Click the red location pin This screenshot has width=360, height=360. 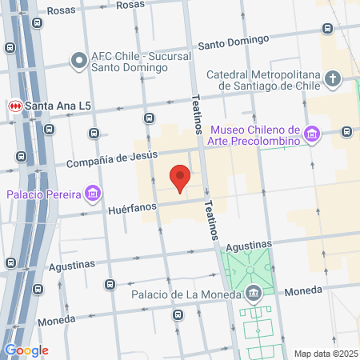click(181, 178)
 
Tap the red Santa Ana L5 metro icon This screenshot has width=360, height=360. click(14, 106)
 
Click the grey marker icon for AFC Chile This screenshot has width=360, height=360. click(78, 60)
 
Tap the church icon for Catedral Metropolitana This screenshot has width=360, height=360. click(334, 78)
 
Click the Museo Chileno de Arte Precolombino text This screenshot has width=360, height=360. click(254, 135)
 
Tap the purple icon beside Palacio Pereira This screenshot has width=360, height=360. click(94, 193)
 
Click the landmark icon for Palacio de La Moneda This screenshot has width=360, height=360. click(254, 293)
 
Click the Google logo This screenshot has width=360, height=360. click(26, 350)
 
